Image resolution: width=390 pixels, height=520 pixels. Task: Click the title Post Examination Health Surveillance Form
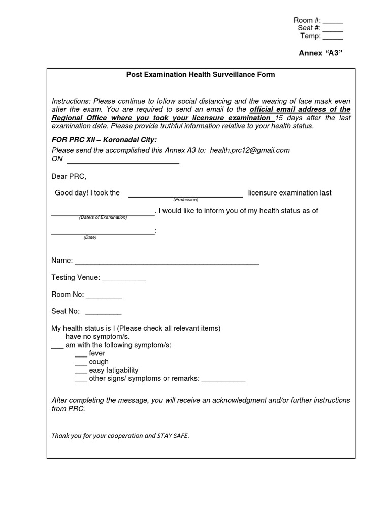coord(201,75)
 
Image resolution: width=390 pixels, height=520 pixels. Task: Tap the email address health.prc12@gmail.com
coord(250,150)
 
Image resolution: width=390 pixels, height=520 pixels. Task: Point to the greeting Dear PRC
coord(69,177)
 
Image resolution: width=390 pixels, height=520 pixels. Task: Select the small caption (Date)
coord(90,237)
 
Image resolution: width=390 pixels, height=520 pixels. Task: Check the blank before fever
coord(81,354)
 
